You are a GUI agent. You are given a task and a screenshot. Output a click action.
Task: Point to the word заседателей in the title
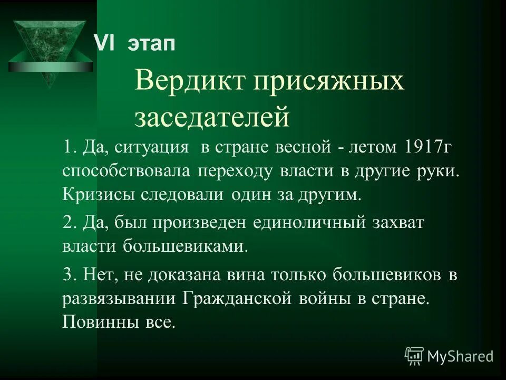pyautogui.click(x=212, y=117)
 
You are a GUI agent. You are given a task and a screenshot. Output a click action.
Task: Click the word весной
pyautogui.click(x=302, y=148)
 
